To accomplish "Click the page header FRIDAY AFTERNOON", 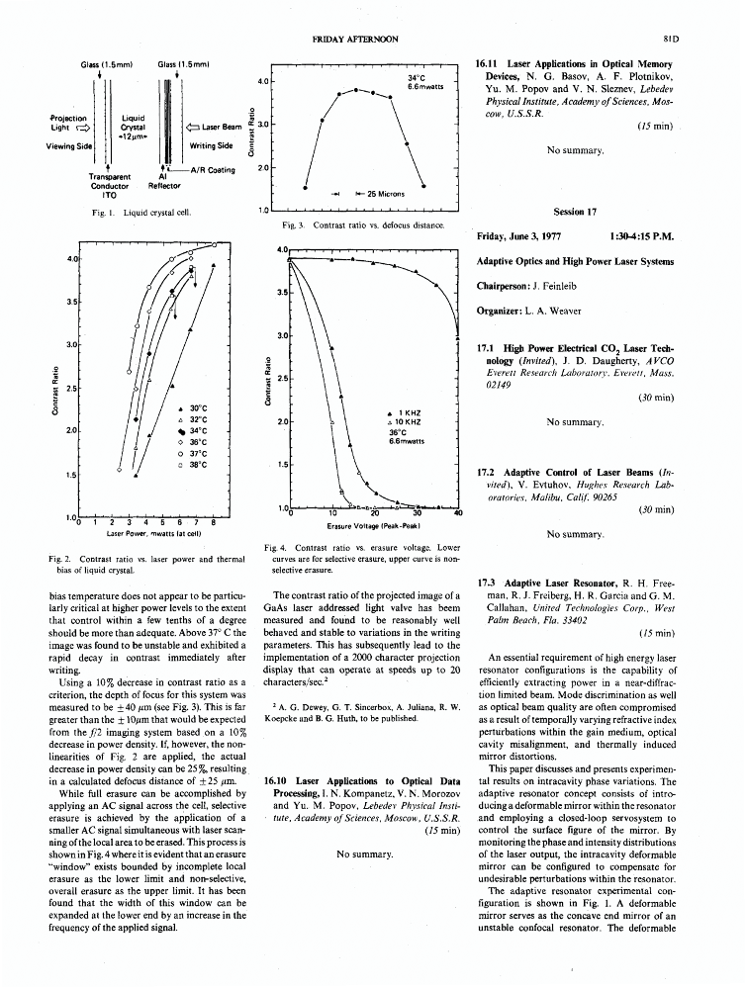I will [355, 39].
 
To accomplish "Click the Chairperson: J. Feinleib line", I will [524, 288].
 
